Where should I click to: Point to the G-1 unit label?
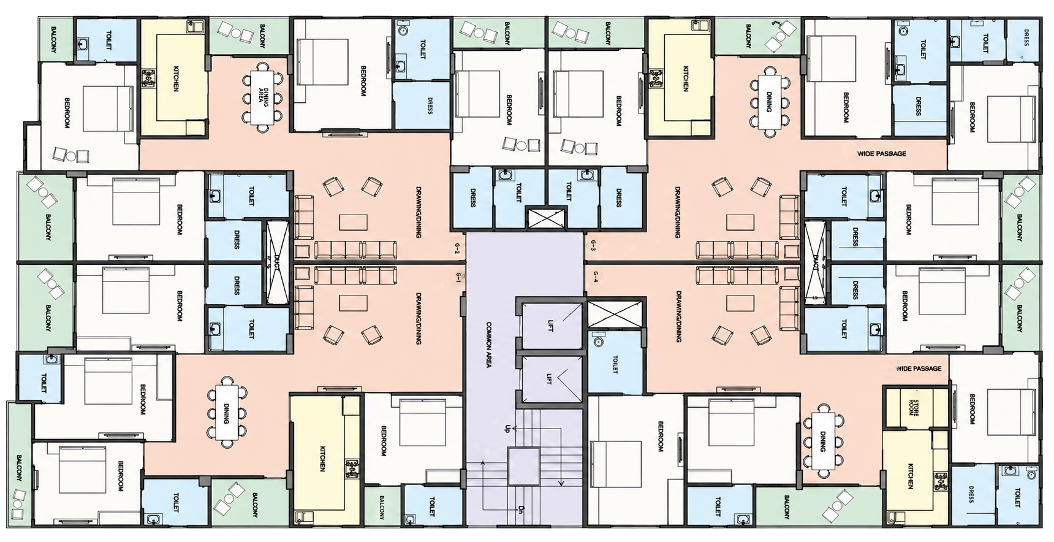(458, 278)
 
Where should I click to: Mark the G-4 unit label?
(593, 279)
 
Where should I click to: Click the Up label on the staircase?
(507, 428)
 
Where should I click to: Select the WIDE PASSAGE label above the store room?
(919, 368)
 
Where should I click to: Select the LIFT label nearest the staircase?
(550, 380)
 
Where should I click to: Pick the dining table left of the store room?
(822, 441)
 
